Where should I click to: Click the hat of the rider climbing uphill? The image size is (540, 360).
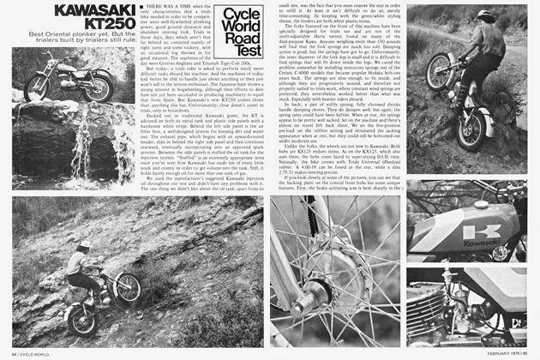tap(486, 18)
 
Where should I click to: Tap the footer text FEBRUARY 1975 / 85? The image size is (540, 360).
tap(505, 352)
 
